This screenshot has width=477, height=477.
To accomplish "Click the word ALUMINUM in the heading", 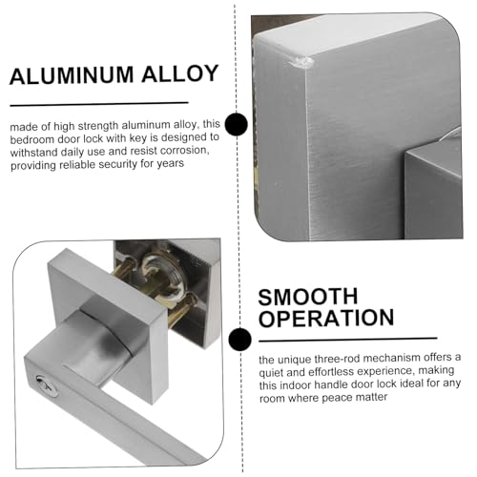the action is click(72, 75).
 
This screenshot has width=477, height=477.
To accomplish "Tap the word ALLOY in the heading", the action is click(180, 73).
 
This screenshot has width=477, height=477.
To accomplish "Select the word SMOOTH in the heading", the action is click(308, 297).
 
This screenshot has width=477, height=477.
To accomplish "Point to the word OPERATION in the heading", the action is click(326, 318).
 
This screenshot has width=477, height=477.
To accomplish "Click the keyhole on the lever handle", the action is click(47, 385).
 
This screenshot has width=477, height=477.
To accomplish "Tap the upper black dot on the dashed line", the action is click(236, 124).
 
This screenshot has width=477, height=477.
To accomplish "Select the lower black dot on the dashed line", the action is click(239, 340).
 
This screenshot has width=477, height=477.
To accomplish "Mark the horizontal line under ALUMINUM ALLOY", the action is click(99, 104).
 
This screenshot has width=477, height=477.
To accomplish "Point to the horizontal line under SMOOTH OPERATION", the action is click(348, 340).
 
